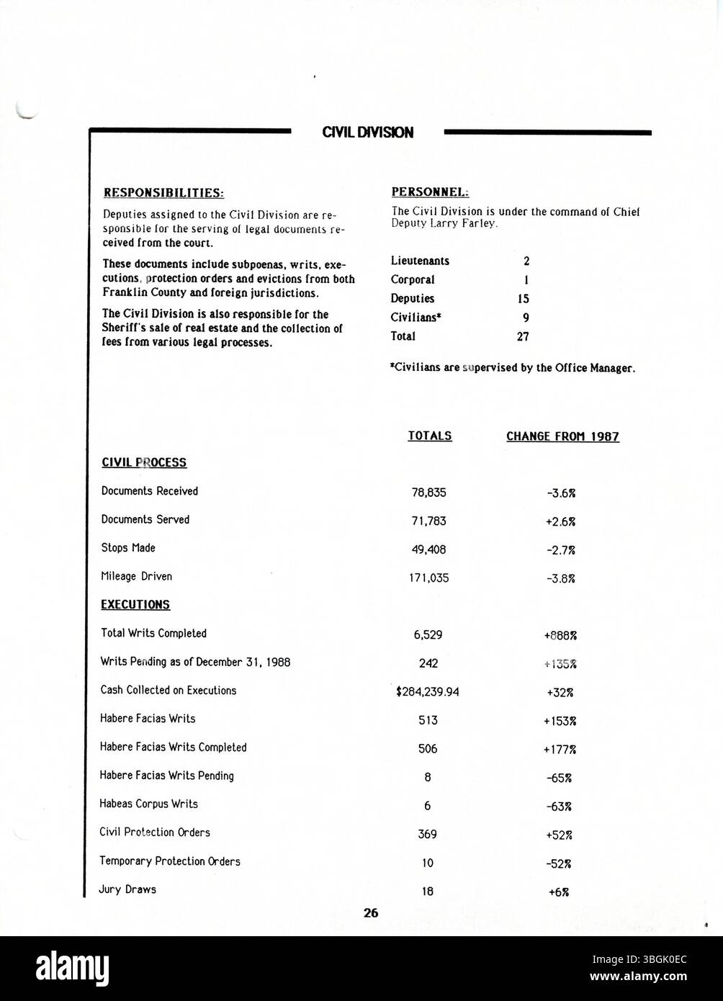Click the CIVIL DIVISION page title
click(367, 133)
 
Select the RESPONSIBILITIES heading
click(164, 193)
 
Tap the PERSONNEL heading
click(430, 192)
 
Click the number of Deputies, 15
click(523, 299)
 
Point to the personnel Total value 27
click(523, 336)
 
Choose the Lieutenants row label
click(420, 261)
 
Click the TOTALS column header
click(430, 436)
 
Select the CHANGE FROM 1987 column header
click(562, 436)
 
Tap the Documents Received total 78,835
click(429, 493)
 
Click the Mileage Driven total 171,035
click(429, 578)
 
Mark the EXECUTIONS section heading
click(135, 605)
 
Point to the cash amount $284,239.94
click(428, 692)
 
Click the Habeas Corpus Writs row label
click(148, 804)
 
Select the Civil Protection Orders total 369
click(428, 835)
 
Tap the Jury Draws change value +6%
click(559, 892)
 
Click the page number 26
click(371, 913)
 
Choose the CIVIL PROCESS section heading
click(144, 462)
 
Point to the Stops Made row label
click(128, 548)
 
